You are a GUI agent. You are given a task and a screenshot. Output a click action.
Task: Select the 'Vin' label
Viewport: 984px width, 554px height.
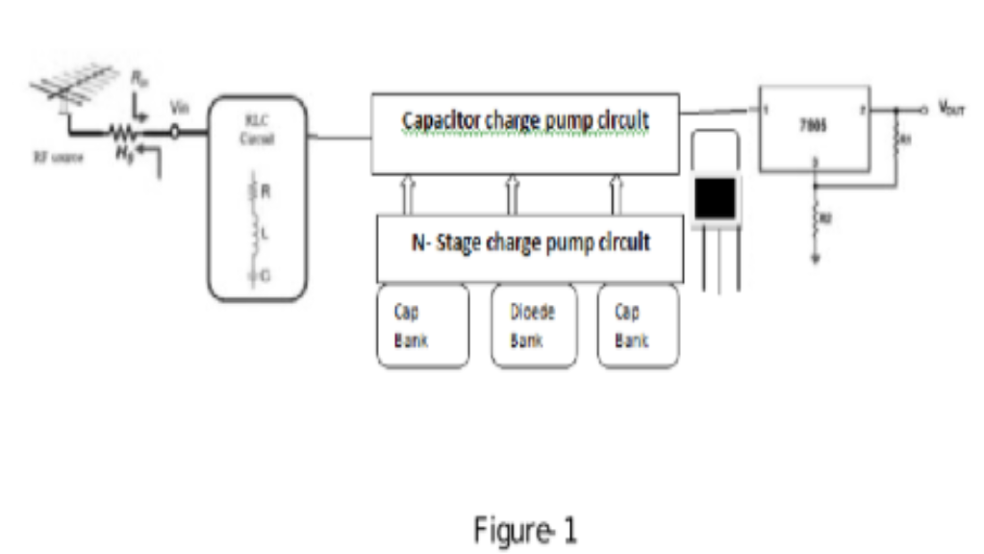click(175, 108)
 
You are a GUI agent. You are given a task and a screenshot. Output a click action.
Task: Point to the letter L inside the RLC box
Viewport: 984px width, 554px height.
click(265, 233)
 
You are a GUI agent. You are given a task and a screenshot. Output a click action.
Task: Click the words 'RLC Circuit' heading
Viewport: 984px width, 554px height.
click(256, 131)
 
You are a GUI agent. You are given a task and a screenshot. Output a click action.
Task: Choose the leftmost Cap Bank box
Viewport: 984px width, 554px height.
click(422, 326)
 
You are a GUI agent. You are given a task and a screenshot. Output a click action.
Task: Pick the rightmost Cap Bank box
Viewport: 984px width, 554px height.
click(638, 326)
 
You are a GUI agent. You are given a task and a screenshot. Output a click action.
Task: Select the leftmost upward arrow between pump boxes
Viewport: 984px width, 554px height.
click(408, 194)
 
